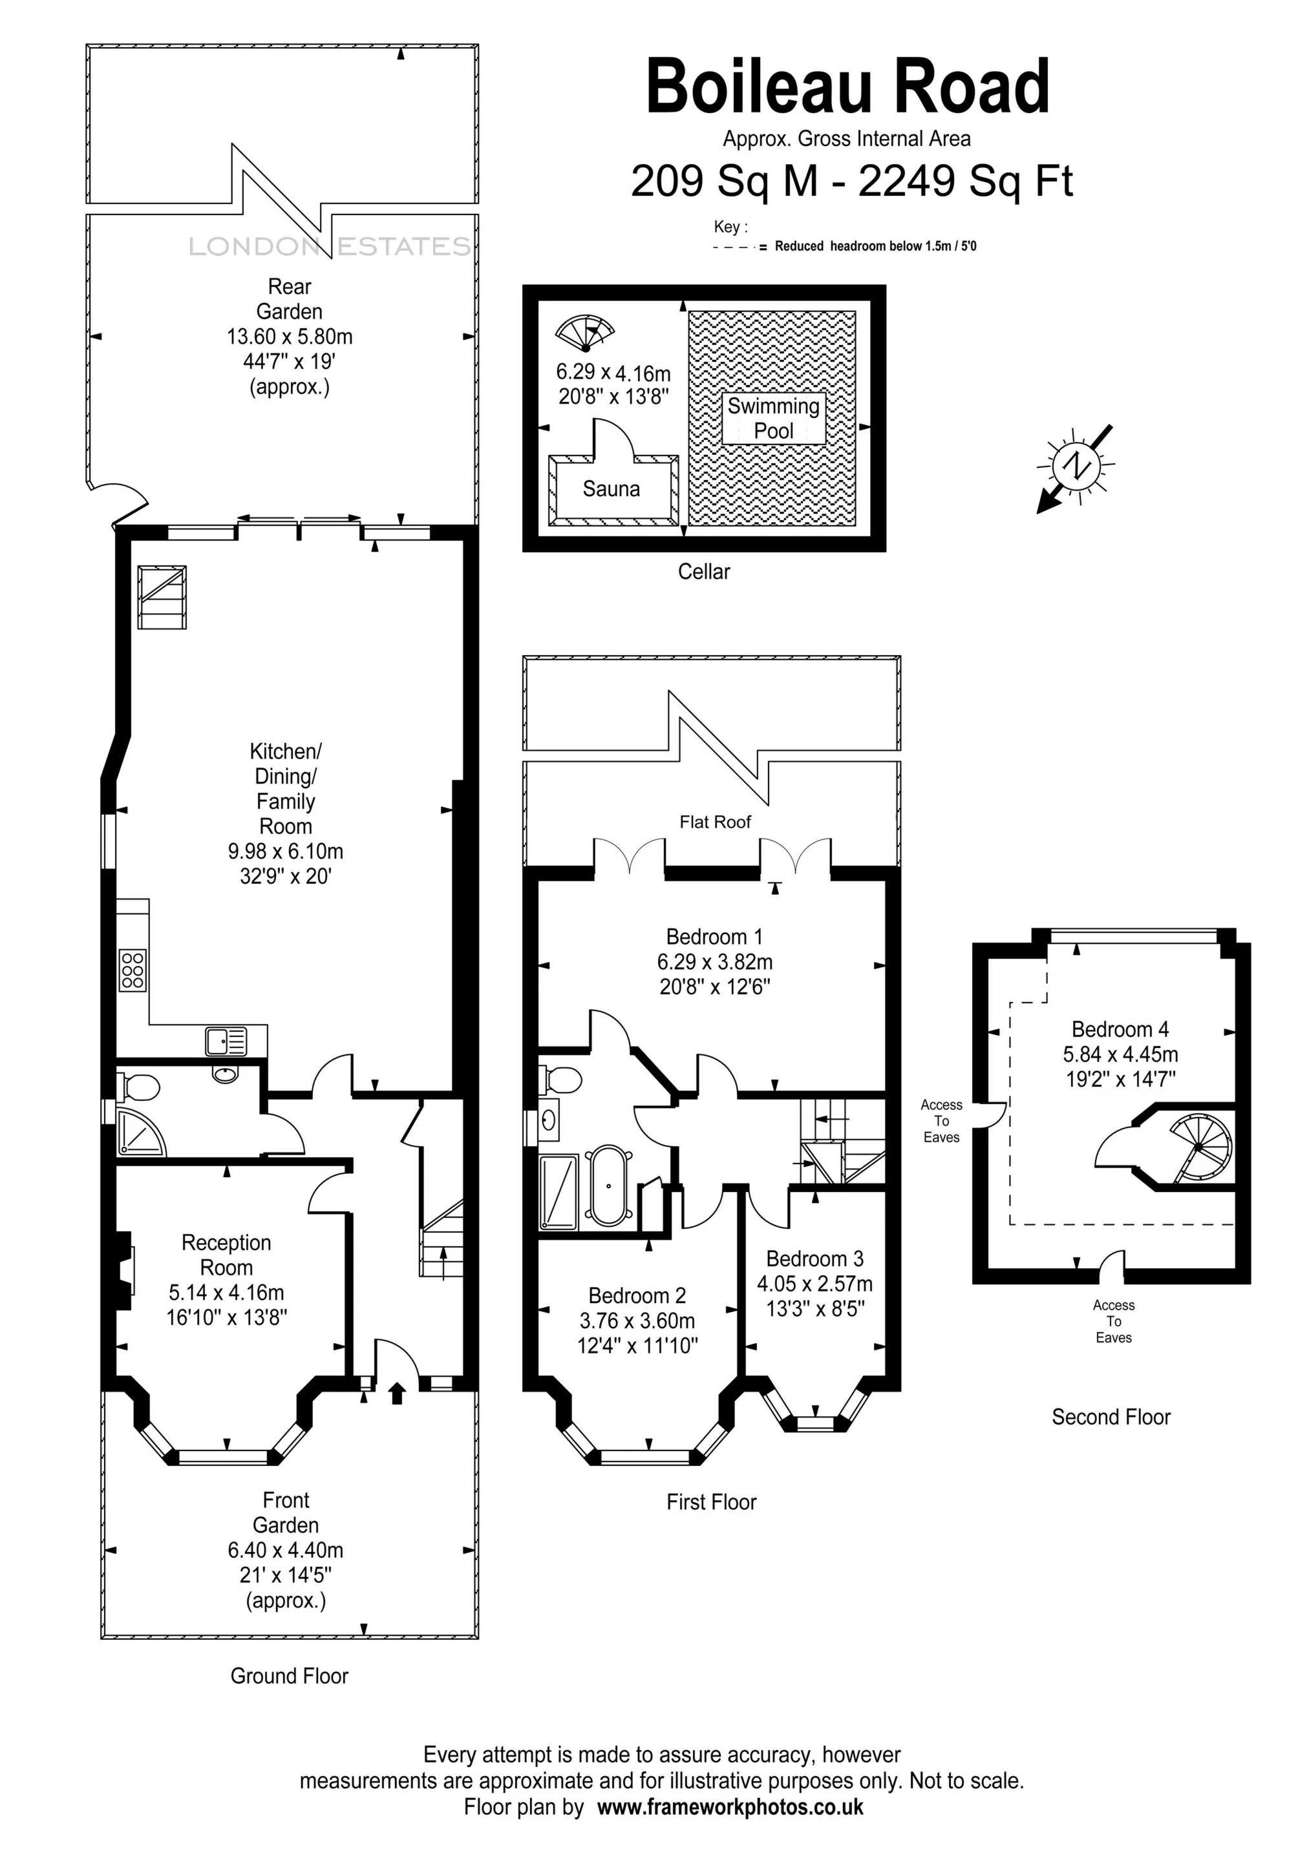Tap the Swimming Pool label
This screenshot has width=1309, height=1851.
coord(774,419)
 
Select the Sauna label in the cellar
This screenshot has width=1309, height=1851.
coord(612,488)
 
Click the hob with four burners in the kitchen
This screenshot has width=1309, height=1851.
coord(133,970)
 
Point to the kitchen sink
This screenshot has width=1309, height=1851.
coord(226,1041)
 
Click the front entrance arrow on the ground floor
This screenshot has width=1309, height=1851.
coord(397,1393)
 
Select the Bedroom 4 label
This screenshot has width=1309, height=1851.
coord(1120,1029)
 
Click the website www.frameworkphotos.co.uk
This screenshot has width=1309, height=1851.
coord(730,1806)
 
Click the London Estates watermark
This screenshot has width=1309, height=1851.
coord(330,246)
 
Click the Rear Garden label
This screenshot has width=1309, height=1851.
coord(290,299)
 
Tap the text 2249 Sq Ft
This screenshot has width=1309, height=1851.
coord(965,181)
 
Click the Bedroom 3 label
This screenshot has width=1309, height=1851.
coord(814,1259)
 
